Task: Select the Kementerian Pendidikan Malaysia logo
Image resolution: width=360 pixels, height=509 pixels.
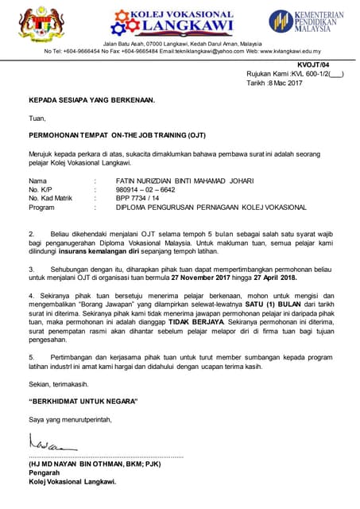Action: [x=306, y=21]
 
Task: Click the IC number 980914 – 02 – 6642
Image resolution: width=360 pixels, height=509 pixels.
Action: [x=146, y=189]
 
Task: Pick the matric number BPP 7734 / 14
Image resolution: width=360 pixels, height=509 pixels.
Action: [x=137, y=198]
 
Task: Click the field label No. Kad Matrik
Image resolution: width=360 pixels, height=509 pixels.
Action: [x=50, y=198]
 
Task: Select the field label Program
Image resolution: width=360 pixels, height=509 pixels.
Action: [x=41, y=207]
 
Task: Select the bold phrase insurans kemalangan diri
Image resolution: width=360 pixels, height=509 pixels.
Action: [x=98, y=249]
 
